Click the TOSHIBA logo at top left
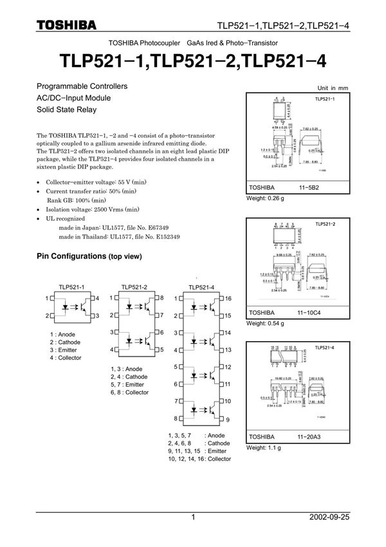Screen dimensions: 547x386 point(66,24)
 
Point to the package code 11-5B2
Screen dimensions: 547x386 point(308,188)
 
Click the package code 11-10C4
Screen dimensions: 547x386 point(309,313)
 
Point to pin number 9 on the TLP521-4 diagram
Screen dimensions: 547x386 point(227,420)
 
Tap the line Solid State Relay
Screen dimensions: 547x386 point(66,110)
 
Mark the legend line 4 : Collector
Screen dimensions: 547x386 point(65,358)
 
